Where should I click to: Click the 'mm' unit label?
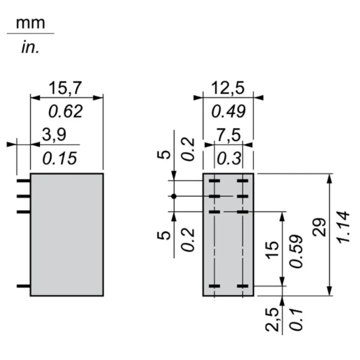coord(31,23)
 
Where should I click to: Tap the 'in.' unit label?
coord(30,48)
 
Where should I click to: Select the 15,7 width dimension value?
coord(66,88)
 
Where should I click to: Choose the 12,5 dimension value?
coord(228,88)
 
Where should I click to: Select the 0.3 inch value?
coord(228,158)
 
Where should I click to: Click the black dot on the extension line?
coord(174,196)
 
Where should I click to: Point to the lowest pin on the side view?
coord(23,286)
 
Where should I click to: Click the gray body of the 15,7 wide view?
coord(67,234)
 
